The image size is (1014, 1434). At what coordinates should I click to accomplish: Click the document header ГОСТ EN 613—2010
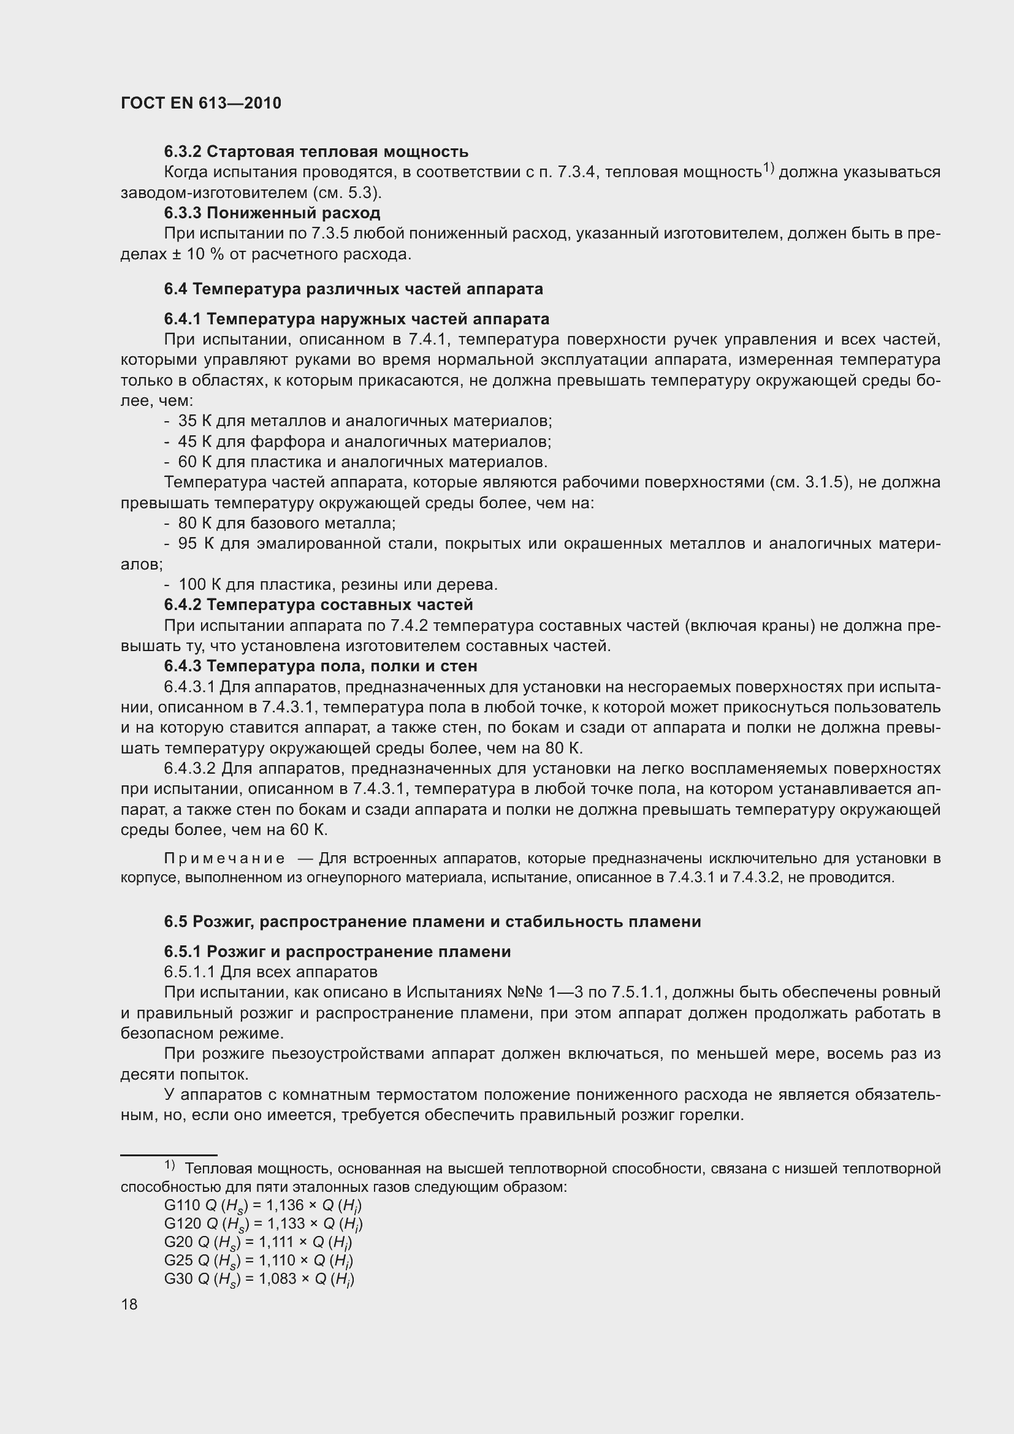[200, 103]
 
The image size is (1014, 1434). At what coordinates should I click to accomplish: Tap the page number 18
[129, 1305]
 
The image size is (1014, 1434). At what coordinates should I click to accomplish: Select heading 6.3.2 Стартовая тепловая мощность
[316, 152]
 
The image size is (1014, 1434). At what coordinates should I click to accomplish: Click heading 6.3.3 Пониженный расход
[272, 213]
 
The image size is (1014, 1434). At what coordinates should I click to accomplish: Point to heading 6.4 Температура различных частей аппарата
[353, 289]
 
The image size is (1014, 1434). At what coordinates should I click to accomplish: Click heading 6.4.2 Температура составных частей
[318, 604]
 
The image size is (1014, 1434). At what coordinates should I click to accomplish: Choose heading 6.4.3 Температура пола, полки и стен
[320, 666]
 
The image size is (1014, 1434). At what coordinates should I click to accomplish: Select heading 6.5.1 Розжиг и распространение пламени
[337, 952]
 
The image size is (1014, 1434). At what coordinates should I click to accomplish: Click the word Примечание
[224, 860]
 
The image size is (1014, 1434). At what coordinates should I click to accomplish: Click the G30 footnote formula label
[178, 1278]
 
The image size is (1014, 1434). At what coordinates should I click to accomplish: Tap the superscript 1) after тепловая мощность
[768, 167]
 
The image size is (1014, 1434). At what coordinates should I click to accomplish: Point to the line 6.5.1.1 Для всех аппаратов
[270, 972]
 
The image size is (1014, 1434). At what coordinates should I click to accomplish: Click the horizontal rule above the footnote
[169, 1156]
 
